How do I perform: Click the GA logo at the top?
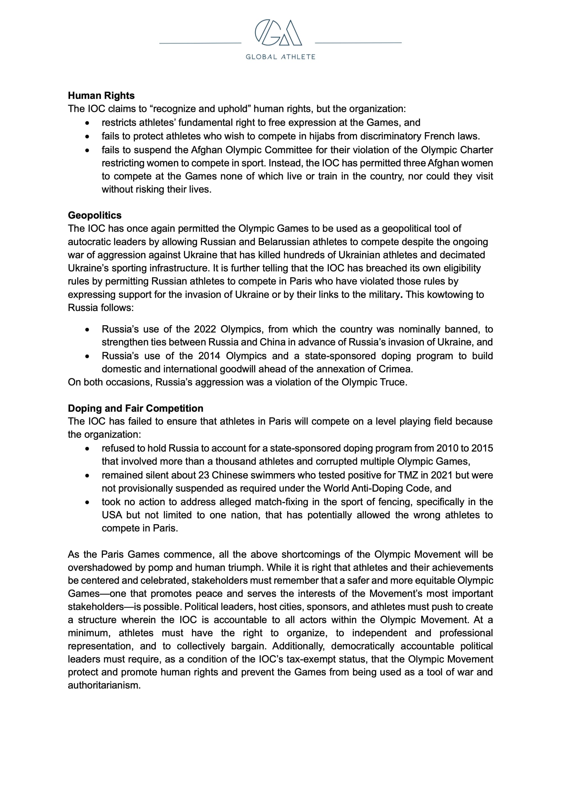coord(278,33)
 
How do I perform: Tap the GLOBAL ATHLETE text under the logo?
coord(280,57)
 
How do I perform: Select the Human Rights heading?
coord(101,95)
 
